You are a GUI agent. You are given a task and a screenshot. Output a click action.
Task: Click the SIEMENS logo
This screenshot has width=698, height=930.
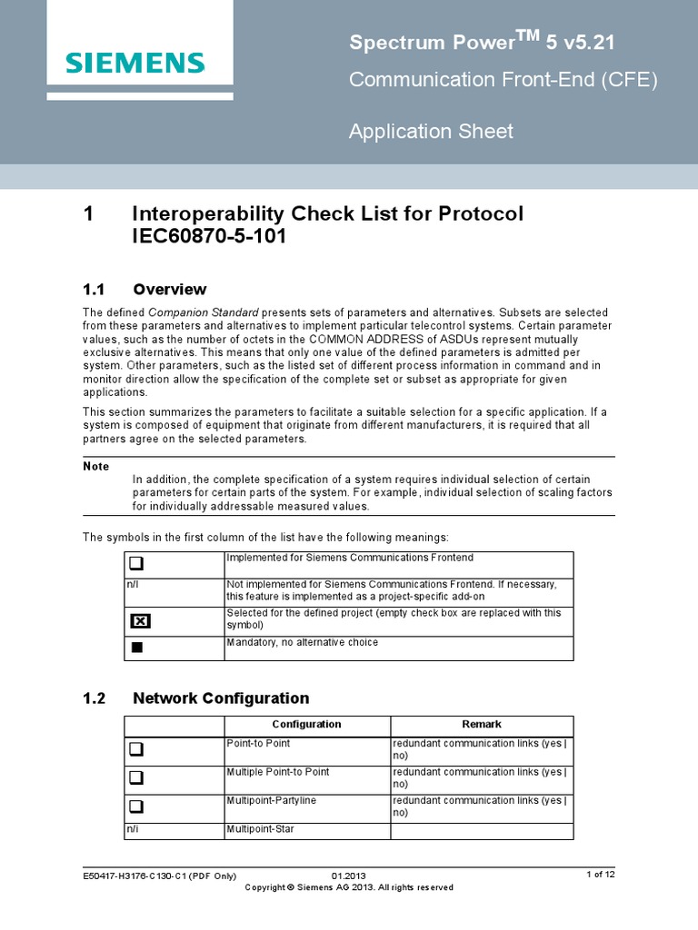click(x=135, y=63)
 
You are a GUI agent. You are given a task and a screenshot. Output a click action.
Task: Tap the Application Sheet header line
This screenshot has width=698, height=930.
click(x=431, y=132)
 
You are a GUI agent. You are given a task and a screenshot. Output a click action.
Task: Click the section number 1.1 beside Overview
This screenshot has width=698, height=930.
click(x=95, y=290)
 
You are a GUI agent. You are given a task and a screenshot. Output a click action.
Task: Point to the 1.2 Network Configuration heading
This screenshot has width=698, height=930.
click(x=195, y=698)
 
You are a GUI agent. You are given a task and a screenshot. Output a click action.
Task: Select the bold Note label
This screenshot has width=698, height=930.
click(x=95, y=466)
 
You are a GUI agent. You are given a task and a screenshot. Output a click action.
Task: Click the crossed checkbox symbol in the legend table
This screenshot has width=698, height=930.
click(x=139, y=620)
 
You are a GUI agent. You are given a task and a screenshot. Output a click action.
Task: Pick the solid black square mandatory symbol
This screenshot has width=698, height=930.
click(x=137, y=647)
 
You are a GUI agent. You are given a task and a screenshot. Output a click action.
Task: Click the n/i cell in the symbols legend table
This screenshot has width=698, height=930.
click(x=132, y=583)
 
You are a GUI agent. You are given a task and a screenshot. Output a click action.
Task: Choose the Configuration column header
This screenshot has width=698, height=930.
click(x=306, y=724)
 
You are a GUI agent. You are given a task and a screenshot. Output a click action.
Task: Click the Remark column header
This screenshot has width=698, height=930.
click(x=482, y=724)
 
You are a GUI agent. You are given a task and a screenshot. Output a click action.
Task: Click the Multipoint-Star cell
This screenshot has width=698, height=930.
click(x=259, y=829)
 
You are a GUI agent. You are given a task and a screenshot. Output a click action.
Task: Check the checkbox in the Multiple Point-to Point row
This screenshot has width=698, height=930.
click(x=136, y=778)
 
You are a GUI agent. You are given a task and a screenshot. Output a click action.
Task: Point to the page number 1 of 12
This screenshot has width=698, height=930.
click(x=601, y=875)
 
